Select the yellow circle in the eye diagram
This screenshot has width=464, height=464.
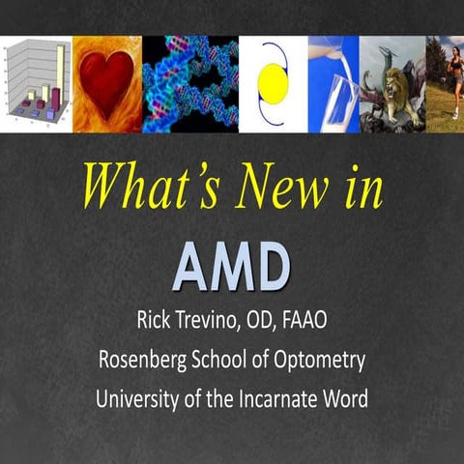click(x=274, y=86)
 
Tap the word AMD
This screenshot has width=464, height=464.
click(x=232, y=264)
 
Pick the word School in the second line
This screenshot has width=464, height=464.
click(x=220, y=361)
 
